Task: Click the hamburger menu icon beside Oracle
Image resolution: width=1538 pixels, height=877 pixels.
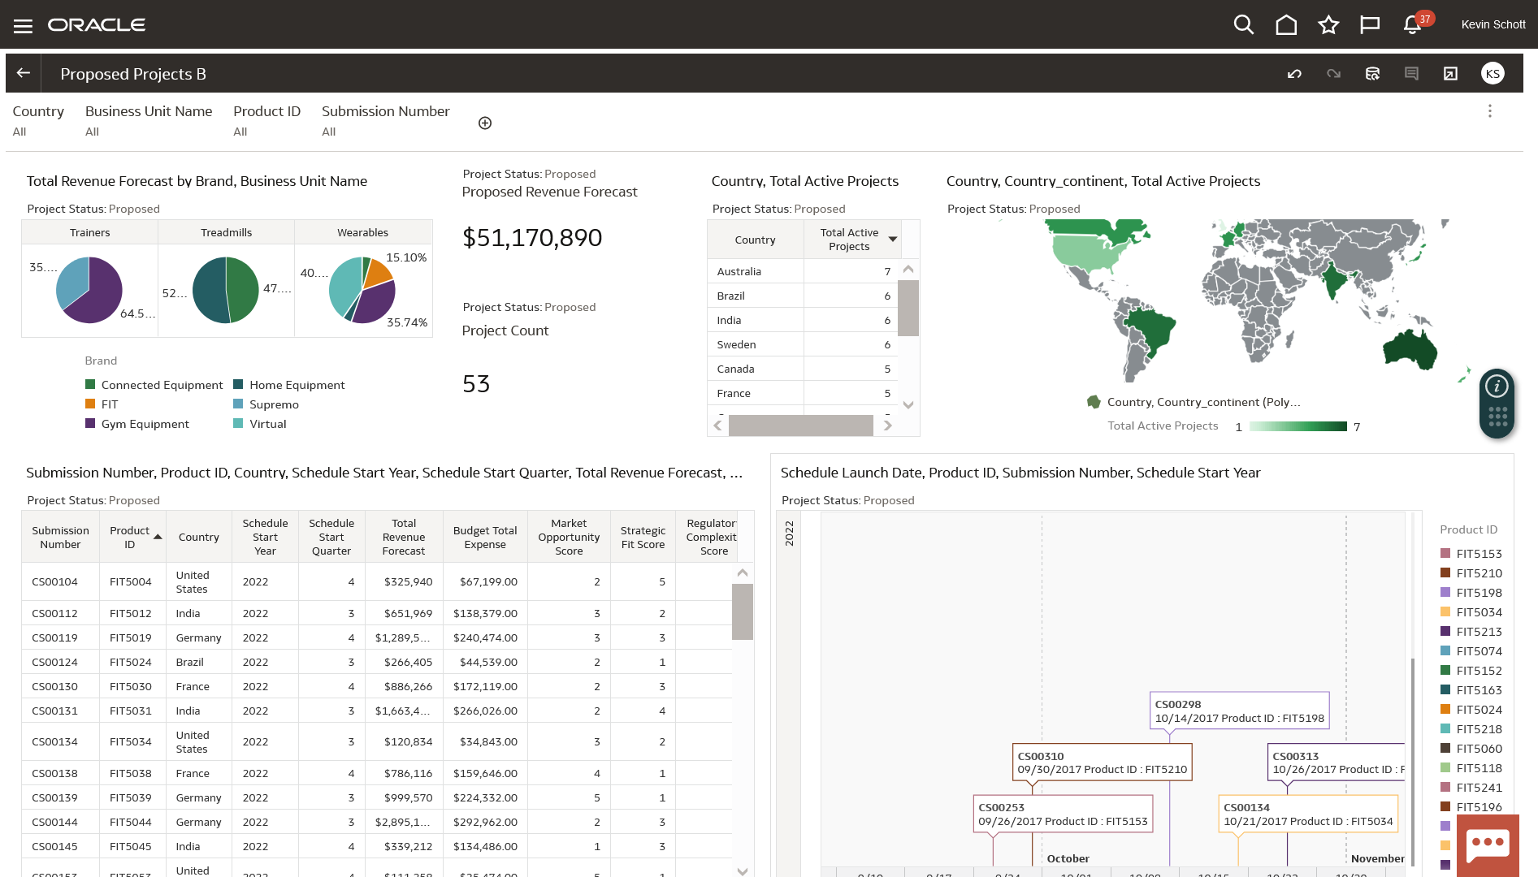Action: pos(23,26)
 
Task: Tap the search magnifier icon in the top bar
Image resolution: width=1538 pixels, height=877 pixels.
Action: pos(1243,24)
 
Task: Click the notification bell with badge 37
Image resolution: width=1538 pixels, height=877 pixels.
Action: pos(1412,25)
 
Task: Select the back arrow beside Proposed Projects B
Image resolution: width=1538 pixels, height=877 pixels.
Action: pos(24,73)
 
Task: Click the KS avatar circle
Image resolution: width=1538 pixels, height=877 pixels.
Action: pos(1492,74)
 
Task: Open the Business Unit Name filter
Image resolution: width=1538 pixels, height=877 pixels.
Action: pos(149,119)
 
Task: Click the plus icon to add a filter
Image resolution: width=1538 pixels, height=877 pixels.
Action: pos(485,123)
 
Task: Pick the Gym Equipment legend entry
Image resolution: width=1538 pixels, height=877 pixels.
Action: pos(145,424)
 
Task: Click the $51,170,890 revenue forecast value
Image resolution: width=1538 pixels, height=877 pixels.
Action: pos(532,237)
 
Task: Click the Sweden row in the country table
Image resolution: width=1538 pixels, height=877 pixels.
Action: pos(736,344)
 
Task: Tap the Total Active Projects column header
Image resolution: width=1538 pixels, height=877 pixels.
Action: pos(849,240)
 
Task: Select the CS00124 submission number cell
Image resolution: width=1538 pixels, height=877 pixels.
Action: pos(55,662)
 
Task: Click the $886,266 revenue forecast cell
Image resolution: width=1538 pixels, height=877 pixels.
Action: pos(408,686)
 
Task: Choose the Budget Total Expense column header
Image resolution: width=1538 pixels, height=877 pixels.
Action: pos(485,538)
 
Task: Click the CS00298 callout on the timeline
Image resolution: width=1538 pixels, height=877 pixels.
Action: pos(1239,711)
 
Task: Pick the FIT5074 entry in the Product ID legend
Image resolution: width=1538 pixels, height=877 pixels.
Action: pos(1479,651)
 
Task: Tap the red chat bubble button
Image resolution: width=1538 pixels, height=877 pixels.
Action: pos(1487,845)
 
